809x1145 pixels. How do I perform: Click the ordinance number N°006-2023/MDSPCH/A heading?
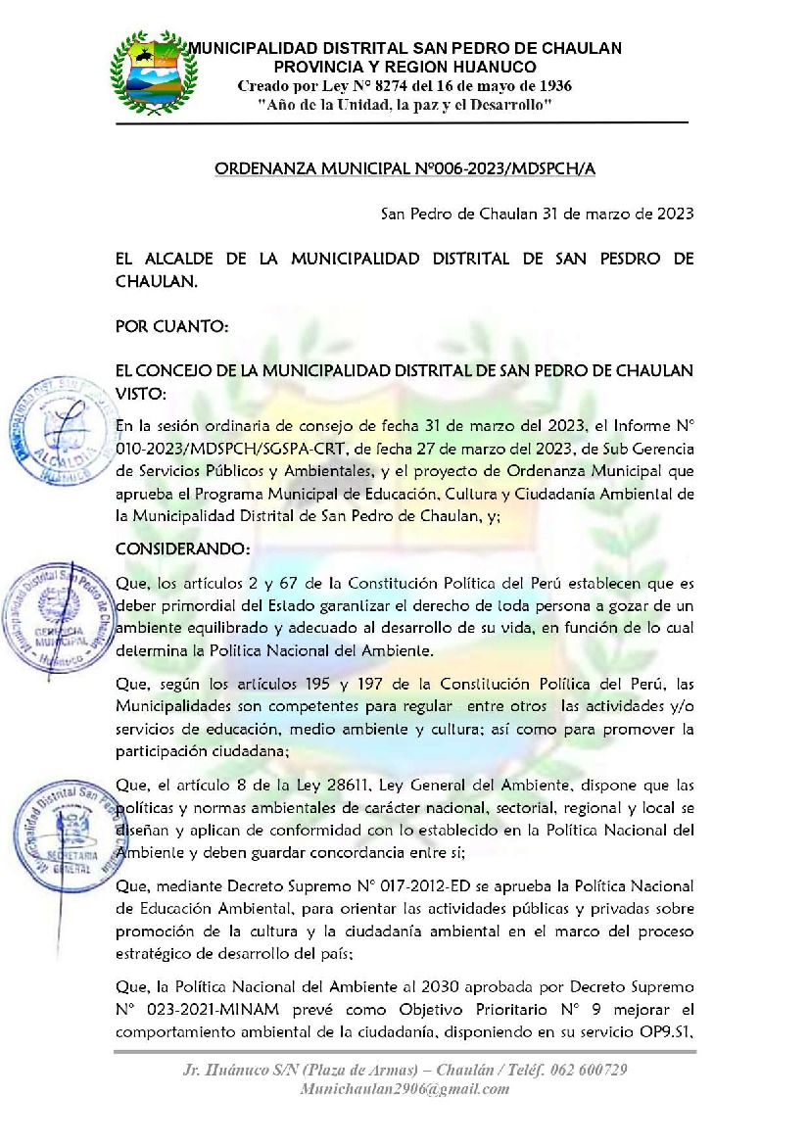pos(404,169)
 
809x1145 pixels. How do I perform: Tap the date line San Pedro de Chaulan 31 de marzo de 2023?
pos(537,214)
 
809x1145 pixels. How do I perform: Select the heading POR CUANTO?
pos(171,325)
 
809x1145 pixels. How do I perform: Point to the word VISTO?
pos(141,393)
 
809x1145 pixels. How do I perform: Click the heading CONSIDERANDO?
pos(168,547)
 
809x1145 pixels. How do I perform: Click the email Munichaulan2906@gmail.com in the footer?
pos(405,1089)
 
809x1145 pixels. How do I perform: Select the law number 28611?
pos(328,784)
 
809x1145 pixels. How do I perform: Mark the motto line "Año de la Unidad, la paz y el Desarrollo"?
pos(404,104)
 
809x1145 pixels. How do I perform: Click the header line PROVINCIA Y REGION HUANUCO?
pos(404,67)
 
